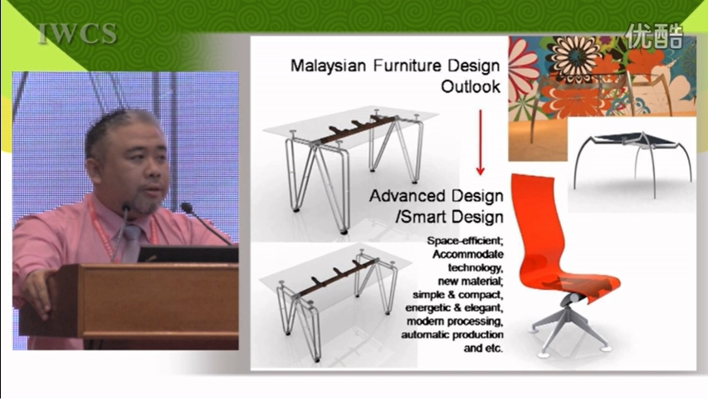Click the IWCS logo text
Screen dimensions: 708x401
(x=77, y=34)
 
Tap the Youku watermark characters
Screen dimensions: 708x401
(x=654, y=36)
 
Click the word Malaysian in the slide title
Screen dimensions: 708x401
(x=328, y=66)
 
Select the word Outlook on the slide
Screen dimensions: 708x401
(x=471, y=86)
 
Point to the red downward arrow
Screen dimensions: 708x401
(x=481, y=142)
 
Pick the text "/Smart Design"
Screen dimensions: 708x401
(x=449, y=217)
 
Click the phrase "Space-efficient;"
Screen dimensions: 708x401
(x=465, y=241)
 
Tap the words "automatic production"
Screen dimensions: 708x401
(x=452, y=335)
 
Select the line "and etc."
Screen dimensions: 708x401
(x=483, y=348)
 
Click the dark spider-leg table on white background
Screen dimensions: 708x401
(x=632, y=163)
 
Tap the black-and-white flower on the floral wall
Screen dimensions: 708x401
(x=576, y=58)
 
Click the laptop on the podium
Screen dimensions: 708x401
(x=188, y=254)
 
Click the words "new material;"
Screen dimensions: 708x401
(x=471, y=281)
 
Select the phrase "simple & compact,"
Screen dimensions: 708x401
(x=458, y=295)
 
